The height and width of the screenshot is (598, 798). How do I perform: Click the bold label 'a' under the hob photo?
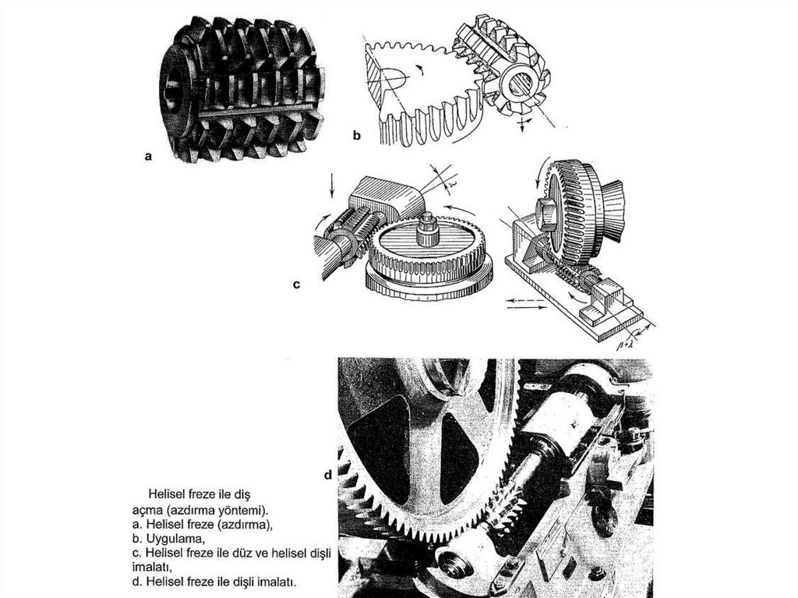pos(148,157)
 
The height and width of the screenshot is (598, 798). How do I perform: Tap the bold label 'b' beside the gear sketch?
pos(357,136)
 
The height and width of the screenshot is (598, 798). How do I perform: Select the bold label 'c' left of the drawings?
pos(296,285)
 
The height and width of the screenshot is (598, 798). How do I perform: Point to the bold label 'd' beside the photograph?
pos(328,475)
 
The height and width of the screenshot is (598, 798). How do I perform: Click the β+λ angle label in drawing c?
pos(624,346)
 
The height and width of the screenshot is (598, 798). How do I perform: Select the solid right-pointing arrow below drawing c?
pos(526,307)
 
